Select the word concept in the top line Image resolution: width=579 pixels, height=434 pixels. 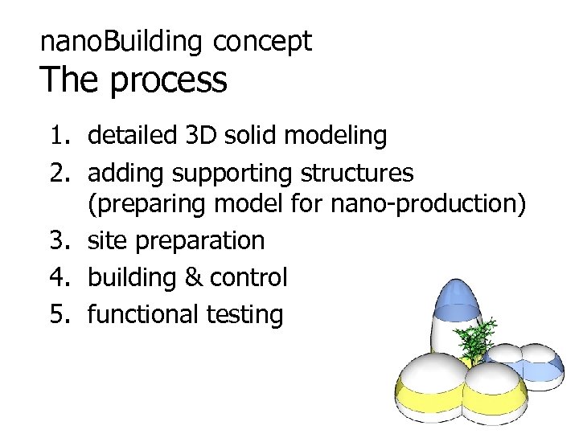263,42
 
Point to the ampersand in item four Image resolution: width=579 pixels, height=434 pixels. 193,277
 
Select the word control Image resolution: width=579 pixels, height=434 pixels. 248,277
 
